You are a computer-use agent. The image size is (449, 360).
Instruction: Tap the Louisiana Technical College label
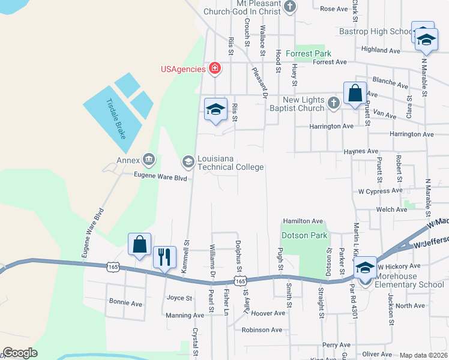[231, 160]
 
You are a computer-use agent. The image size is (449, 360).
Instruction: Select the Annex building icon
[148, 160]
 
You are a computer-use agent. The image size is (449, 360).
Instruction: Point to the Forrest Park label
[308, 53]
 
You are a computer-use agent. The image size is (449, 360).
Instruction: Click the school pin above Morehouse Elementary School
[365, 268]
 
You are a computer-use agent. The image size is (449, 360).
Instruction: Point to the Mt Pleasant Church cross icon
[290, 7]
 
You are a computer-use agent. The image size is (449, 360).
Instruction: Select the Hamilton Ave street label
[303, 221]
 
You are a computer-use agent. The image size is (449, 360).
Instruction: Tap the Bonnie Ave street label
[125, 304]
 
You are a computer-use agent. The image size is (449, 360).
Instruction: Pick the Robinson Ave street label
[262, 329]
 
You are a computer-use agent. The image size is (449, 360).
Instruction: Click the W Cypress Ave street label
[380, 191]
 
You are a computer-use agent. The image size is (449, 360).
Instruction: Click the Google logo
[20, 353]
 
